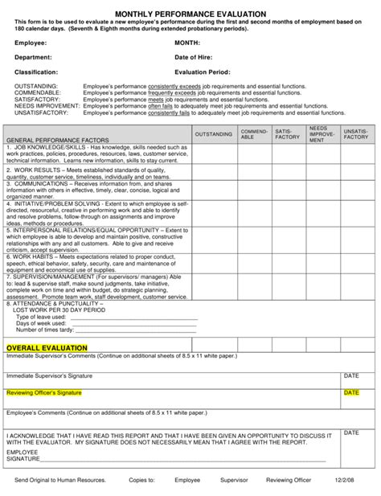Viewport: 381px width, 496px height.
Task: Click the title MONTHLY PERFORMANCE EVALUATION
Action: (190, 14)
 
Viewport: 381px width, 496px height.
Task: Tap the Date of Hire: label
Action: (196, 57)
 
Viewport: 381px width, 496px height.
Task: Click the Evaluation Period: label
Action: (203, 72)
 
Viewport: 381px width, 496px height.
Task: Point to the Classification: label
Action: (35, 72)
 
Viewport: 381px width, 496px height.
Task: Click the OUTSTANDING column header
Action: (214, 133)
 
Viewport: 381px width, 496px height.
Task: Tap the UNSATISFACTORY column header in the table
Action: (356, 133)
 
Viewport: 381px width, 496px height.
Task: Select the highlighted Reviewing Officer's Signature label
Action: (44, 393)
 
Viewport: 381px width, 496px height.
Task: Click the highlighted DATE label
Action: (351, 393)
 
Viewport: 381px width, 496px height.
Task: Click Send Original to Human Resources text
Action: (65, 480)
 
